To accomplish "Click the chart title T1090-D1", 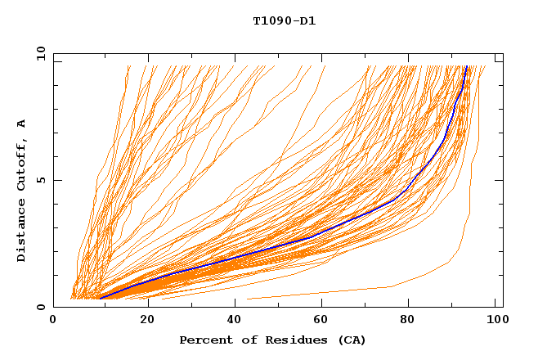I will pos(284,21).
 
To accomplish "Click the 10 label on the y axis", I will pos(40,54).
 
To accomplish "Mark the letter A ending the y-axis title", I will pos(22,124).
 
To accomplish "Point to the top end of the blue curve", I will pos(466,66).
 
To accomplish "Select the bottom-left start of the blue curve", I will pos(99,299).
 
